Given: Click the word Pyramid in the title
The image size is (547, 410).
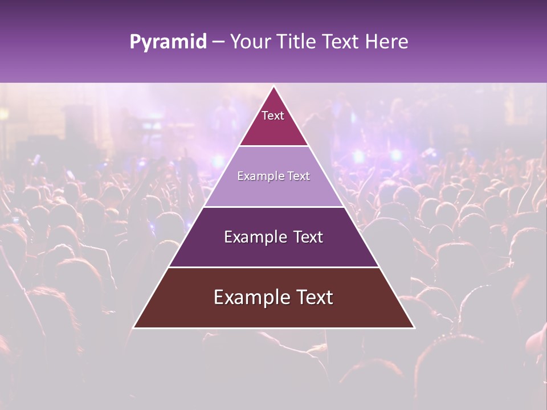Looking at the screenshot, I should [168, 42].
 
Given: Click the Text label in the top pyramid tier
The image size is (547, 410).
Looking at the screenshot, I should [273, 116].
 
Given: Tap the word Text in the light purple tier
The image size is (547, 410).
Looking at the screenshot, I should [299, 176].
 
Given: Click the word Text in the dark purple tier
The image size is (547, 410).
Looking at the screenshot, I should [308, 237].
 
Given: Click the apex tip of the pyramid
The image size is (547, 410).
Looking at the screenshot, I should [273, 87].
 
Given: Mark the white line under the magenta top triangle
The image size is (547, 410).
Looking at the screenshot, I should [273, 146].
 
